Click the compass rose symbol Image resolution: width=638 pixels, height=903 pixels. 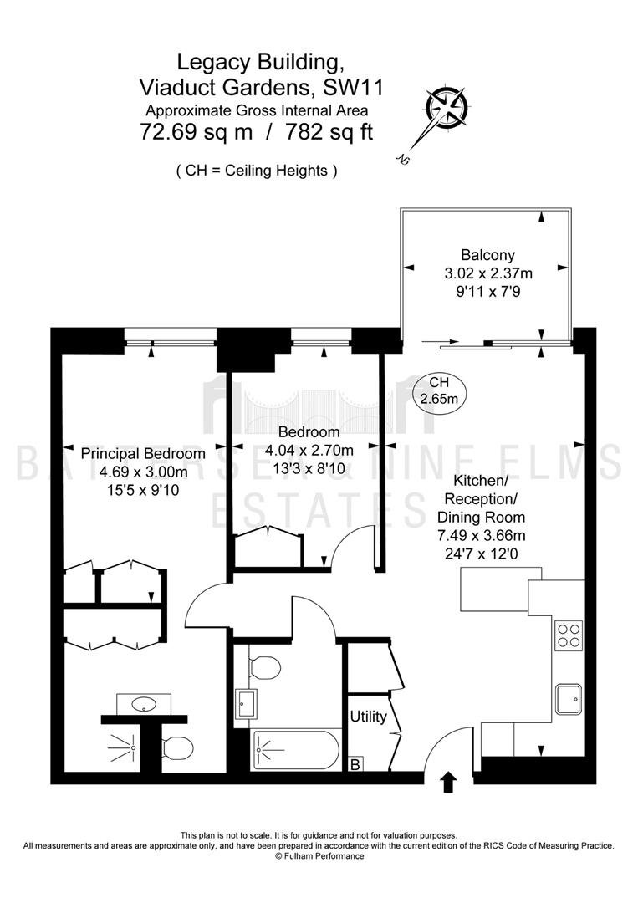447,107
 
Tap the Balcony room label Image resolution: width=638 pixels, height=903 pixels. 487,254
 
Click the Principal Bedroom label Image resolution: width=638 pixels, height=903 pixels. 143,453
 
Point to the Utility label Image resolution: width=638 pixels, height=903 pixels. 368,717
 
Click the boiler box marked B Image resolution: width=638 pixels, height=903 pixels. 356,764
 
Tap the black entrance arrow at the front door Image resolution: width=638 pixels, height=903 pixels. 448,783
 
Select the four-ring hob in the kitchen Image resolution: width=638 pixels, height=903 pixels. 569,635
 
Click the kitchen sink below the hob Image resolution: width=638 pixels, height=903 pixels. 569,699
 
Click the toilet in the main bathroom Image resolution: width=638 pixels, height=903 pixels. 265,668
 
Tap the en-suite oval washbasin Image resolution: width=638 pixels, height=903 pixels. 143,704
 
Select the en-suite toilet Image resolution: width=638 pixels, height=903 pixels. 178,748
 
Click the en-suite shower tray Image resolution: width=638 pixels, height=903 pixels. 123,747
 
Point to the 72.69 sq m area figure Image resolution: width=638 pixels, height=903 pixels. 197,132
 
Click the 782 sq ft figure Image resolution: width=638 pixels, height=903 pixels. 326,132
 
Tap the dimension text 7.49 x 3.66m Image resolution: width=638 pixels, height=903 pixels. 482,536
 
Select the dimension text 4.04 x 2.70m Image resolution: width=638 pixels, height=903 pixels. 309,450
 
